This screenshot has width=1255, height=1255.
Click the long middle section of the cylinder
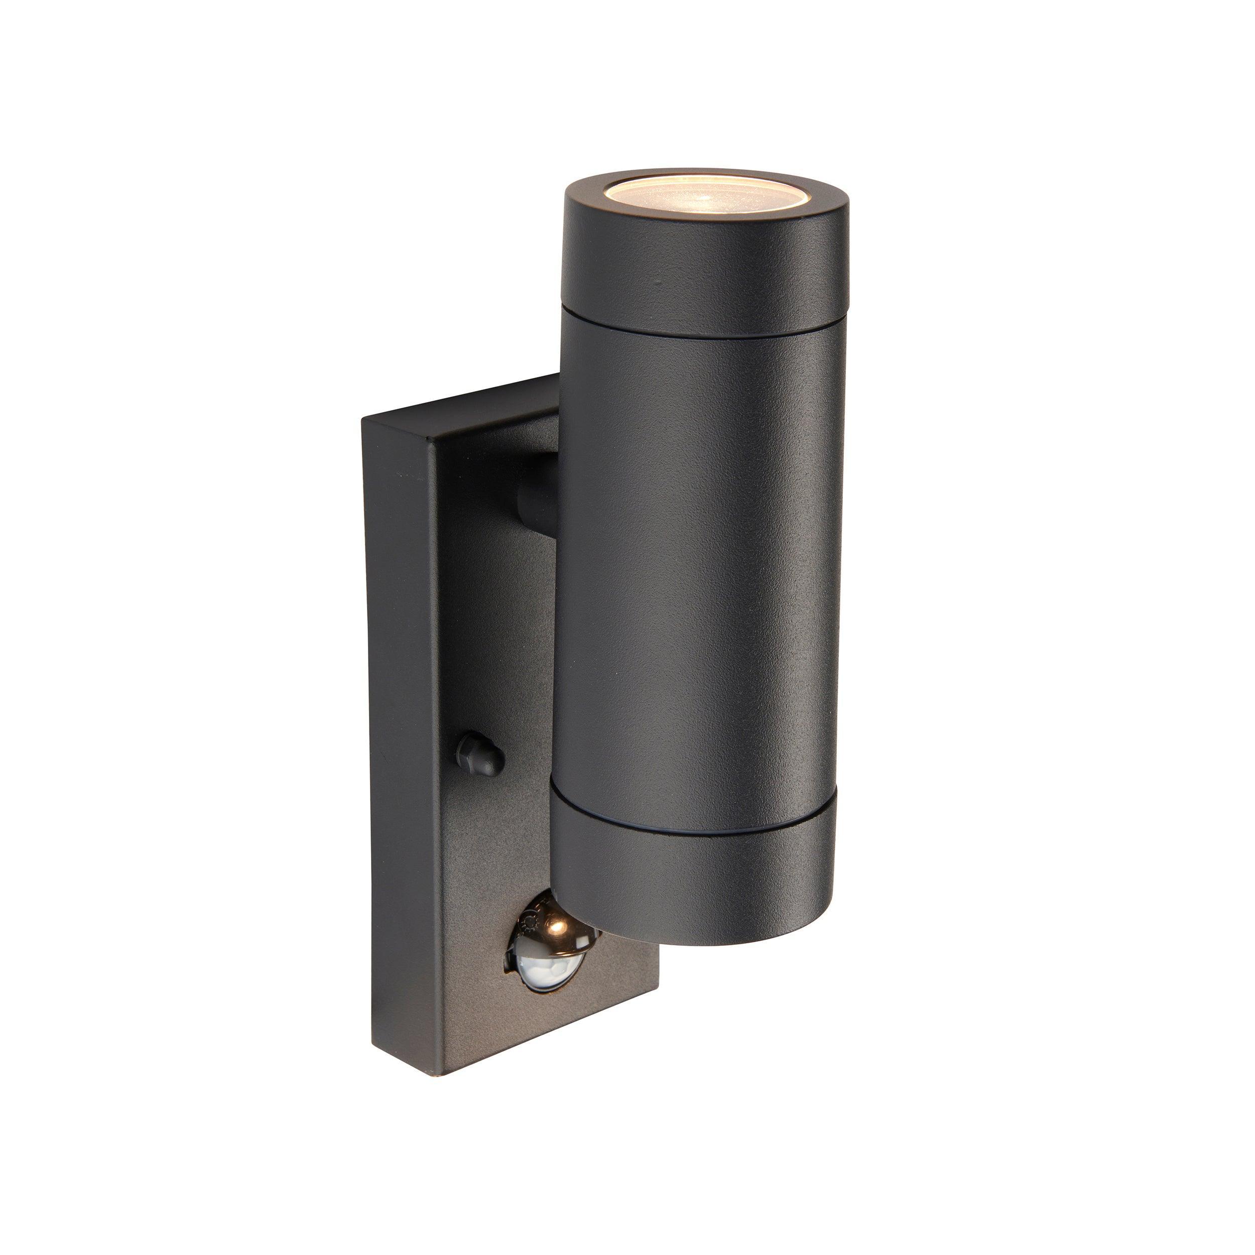698,572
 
